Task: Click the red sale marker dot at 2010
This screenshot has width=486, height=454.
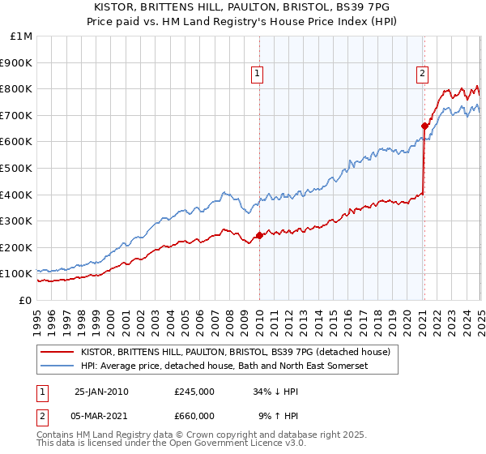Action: click(259, 236)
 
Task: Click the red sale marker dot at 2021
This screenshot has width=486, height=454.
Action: click(424, 126)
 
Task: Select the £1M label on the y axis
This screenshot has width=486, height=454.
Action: click(21, 36)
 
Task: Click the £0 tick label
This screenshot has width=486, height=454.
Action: click(25, 300)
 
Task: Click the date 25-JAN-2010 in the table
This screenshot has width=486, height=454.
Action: click(101, 392)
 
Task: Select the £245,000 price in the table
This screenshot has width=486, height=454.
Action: click(194, 392)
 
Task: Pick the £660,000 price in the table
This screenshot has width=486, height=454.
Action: click(194, 415)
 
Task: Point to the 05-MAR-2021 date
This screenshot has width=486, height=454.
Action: click(102, 415)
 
